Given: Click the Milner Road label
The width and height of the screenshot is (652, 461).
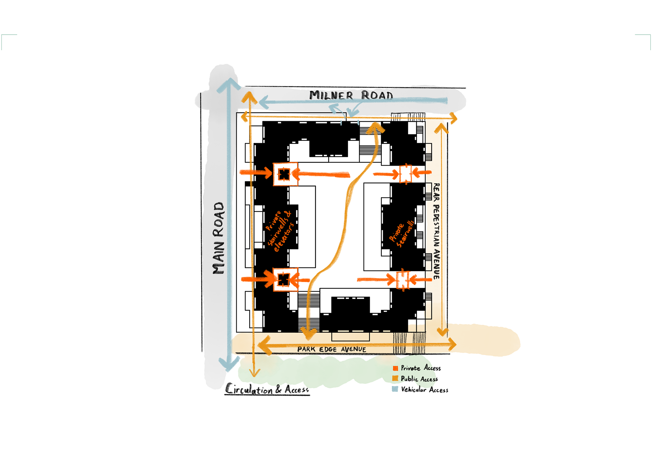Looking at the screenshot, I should tap(351, 95).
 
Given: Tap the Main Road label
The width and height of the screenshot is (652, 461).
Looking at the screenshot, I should tap(219, 238).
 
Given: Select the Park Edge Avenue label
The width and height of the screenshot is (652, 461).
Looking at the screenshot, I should tap(331, 349).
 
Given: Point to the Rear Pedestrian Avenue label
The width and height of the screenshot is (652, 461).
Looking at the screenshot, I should tap(436, 231).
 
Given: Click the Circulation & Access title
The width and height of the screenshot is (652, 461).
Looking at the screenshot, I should tap(267, 389).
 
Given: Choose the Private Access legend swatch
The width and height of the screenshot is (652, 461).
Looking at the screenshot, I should tap(395, 368).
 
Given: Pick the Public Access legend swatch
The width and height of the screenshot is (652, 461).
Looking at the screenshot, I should tap(395, 379).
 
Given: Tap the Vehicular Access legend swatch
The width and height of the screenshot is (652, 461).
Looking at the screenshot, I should tap(395, 389).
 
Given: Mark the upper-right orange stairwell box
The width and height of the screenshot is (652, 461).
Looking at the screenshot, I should tap(405, 173).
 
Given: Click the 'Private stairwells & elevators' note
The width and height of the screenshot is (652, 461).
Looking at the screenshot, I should tap(279, 231).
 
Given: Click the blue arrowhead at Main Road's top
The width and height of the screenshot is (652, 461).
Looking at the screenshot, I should tap(230, 85).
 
